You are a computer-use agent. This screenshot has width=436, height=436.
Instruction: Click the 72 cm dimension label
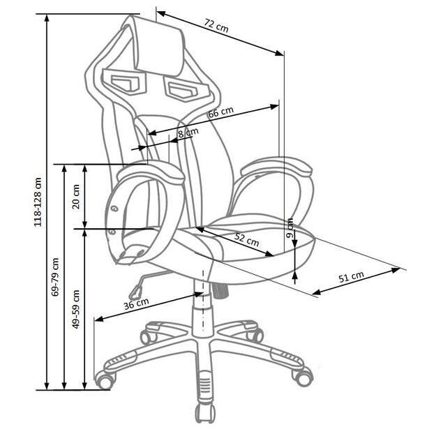216,26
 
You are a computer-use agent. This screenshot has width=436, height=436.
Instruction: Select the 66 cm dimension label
220,112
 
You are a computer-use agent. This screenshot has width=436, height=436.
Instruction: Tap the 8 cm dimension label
188,133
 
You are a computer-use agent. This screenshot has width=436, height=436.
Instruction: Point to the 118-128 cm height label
38,202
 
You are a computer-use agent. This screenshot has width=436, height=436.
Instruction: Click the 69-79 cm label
55,277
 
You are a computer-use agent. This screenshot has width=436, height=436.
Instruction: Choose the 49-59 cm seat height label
75,309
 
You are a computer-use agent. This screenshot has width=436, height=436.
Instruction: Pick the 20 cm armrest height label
75,196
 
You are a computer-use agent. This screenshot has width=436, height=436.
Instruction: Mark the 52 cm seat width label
247,240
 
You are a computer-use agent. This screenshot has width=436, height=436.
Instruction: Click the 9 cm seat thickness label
290,227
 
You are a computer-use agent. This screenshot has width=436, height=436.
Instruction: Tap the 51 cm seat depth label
351,277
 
